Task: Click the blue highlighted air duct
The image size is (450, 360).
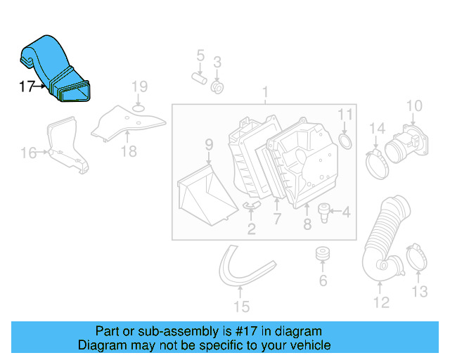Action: click(x=56, y=67)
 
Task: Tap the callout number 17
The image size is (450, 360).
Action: click(x=27, y=87)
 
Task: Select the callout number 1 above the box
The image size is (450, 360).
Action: click(x=266, y=92)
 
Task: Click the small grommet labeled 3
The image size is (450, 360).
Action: click(x=218, y=87)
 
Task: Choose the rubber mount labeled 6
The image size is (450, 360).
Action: click(x=323, y=252)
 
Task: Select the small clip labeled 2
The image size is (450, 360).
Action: click(x=252, y=205)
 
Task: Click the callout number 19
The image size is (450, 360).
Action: click(x=140, y=87)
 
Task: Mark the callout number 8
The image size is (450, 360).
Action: click(x=307, y=225)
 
